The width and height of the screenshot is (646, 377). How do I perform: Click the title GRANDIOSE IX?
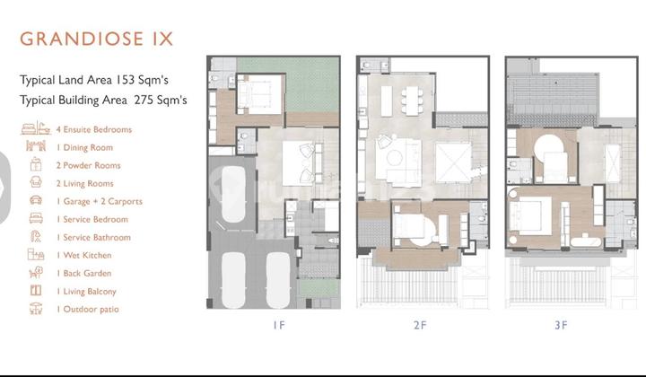[x=97, y=39]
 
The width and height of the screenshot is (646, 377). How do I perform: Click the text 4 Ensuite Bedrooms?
[x=93, y=129]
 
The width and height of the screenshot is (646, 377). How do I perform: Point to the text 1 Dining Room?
[x=83, y=147]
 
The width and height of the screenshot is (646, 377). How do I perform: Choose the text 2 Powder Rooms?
[x=88, y=165]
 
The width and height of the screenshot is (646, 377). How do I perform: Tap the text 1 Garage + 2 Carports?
[x=99, y=201]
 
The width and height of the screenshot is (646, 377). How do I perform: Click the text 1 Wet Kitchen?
[x=83, y=255]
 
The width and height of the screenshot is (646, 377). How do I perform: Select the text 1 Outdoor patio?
[x=87, y=309]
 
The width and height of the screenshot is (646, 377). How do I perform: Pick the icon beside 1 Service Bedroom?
[x=36, y=219]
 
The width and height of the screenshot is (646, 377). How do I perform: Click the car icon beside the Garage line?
[x=36, y=201]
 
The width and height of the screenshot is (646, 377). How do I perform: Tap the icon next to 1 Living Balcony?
[x=36, y=291]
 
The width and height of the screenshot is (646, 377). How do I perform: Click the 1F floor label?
[x=277, y=327]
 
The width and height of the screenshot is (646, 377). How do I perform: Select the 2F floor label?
[x=419, y=327]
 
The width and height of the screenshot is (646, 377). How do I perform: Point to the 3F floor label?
[x=561, y=327]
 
